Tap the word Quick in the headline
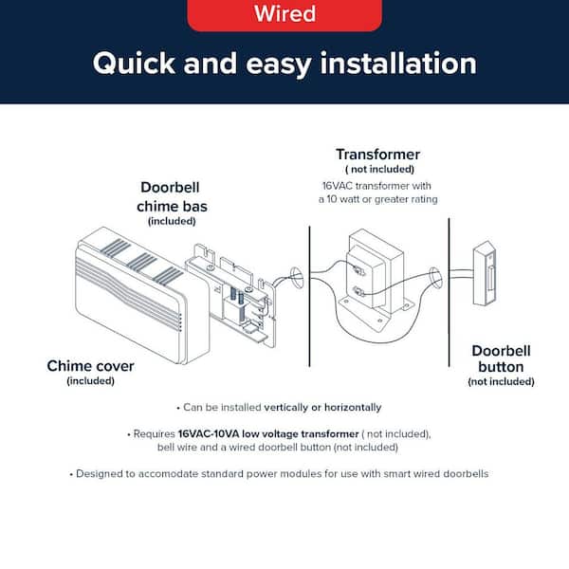[x=135, y=64]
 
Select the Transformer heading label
[x=377, y=154]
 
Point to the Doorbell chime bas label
[x=172, y=195]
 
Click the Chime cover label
[x=90, y=365]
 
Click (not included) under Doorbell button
[x=501, y=381]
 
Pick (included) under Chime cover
[x=90, y=381]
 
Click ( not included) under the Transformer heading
[x=377, y=169]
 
